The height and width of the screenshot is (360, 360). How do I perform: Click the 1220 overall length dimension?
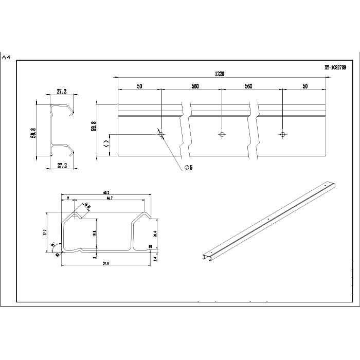[x=220, y=74]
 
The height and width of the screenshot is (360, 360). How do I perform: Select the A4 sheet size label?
[x=6, y=57]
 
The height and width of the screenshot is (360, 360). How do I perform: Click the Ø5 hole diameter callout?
[x=188, y=168]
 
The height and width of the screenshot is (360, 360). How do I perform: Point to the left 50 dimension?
[x=139, y=86]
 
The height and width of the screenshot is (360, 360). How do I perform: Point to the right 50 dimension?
[x=305, y=86]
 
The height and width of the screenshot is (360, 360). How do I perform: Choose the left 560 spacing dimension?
[x=195, y=86]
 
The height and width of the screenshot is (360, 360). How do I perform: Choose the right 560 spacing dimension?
[x=248, y=86]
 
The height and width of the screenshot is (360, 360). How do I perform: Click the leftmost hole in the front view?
[x=161, y=134]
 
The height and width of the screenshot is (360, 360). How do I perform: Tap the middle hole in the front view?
[x=222, y=134]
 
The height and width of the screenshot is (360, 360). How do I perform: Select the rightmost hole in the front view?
[x=282, y=134]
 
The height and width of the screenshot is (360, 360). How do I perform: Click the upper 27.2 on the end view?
[x=62, y=92]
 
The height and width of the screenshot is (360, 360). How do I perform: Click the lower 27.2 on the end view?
[x=62, y=166]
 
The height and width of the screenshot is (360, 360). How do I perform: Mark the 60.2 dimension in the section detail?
[x=106, y=192]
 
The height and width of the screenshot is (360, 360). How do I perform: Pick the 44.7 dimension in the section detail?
[x=109, y=198]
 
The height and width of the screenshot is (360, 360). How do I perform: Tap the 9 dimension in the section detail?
[x=68, y=198]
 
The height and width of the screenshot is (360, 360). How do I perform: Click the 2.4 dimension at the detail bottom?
[x=155, y=259]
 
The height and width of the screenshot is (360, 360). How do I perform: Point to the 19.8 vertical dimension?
[x=94, y=233]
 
